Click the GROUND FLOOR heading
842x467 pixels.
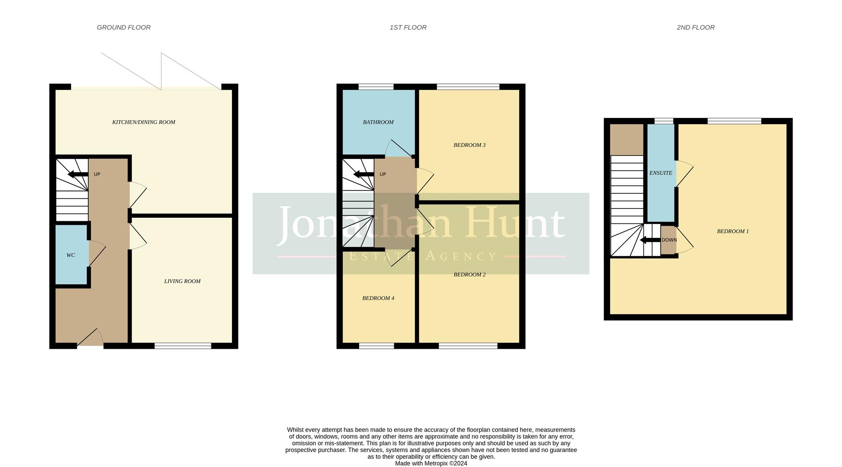click(x=124, y=28)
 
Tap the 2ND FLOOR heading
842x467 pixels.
click(x=696, y=28)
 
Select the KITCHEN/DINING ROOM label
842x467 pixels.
click(x=143, y=122)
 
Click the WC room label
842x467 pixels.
click(x=71, y=255)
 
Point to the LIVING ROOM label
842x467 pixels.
click(x=182, y=281)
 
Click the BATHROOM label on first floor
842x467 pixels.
click(x=378, y=122)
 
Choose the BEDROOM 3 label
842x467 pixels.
click(x=469, y=145)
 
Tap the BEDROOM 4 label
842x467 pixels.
click(x=378, y=298)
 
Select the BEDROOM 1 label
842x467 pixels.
click(x=732, y=231)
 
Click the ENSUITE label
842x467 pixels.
click(x=660, y=173)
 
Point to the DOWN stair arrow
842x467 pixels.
click(x=650, y=240)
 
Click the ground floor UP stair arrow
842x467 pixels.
click(x=78, y=174)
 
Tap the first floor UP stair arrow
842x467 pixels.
click(x=363, y=174)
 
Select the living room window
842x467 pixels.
click(x=183, y=346)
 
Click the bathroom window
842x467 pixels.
click(x=376, y=87)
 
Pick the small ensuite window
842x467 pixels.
click(x=664, y=121)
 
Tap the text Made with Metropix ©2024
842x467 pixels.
click(x=431, y=463)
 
